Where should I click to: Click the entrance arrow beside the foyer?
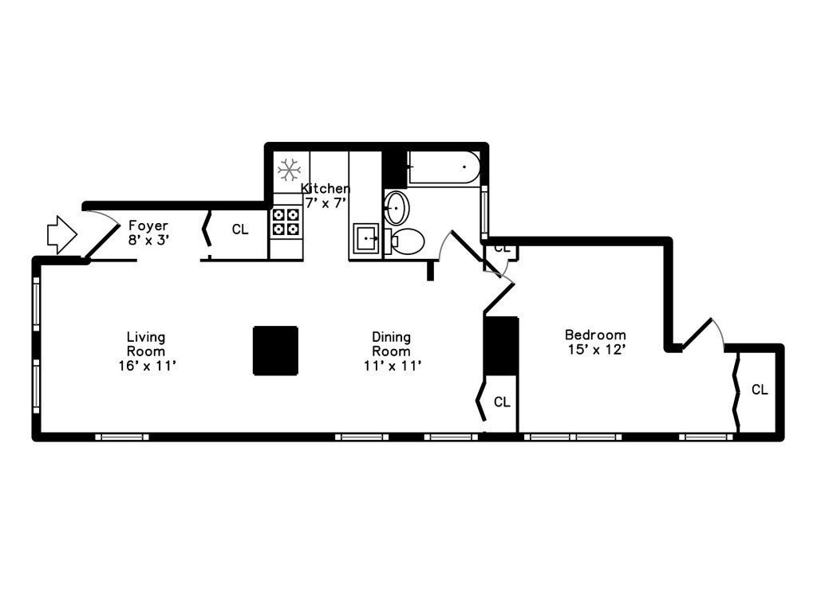(62, 235)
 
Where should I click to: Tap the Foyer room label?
(148, 233)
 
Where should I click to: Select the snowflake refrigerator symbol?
(289, 171)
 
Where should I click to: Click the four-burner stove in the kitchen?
(286, 222)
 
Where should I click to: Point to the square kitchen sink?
(367, 239)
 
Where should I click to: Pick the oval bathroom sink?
(397, 208)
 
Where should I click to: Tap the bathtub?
(444, 167)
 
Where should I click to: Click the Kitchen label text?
(326, 195)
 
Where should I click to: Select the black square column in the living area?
(275, 351)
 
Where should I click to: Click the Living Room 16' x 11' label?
(147, 351)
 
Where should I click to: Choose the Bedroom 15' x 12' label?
(595, 342)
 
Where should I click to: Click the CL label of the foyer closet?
(240, 229)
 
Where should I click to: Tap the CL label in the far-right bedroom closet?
(760, 389)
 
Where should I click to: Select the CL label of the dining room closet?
(502, 402)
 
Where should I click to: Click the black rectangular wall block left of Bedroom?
(501, 346)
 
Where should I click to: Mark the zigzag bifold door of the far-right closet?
(736, 392)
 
